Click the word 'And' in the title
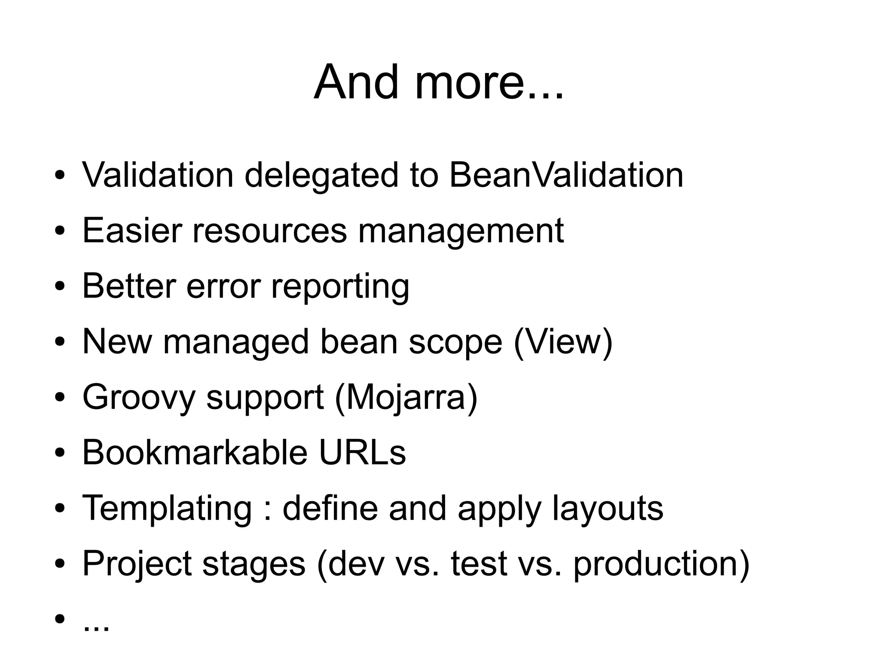click(356, 82)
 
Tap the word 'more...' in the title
click(489, 82)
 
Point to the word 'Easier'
click(132, 230)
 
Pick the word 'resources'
click(269, 231)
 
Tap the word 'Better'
click(129, 286)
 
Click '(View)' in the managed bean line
click(563, 342)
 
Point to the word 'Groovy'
click(139, 398)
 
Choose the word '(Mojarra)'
click(406, 398)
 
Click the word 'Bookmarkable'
click(195, 452)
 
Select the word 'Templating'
click(167, 509)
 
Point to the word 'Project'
click(137, 564)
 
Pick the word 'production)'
click(661, 564)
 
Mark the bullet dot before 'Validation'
click(60, 175)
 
